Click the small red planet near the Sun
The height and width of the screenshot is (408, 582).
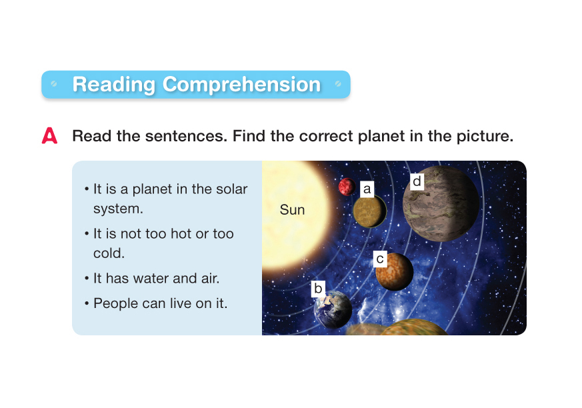pos(347,187)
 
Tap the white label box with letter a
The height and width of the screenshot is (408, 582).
pos(367,189)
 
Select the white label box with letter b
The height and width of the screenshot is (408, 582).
pos(318,289)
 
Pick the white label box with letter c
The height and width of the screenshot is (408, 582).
pos(380,259)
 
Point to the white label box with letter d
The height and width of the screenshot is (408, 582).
pos(417,181)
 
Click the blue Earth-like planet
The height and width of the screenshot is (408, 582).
pos(333,309)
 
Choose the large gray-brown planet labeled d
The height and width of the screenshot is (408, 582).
pos(441,204)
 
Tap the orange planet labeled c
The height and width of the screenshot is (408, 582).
pos(394,272)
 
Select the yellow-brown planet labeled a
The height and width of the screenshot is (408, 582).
pos(370,211)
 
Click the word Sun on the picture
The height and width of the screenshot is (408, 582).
pos(292,210)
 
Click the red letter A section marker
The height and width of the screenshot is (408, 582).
pos(49,135)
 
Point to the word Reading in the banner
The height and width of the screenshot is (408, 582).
pos(113,85)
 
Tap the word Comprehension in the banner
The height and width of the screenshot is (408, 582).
pos(241,85)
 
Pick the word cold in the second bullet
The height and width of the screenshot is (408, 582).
pos(109,253)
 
